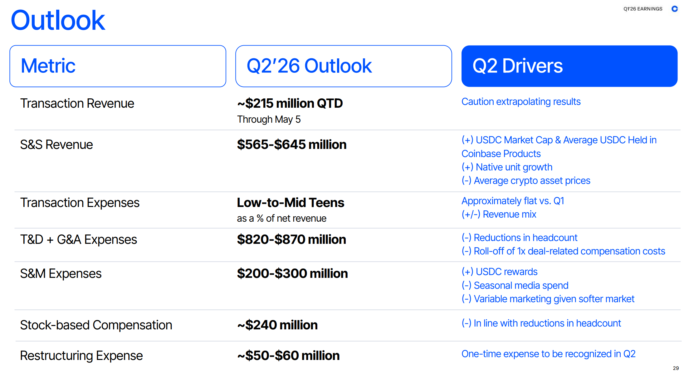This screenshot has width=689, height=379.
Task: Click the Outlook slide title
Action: pos(58,21)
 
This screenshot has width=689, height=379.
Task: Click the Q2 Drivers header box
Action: pos(569,66)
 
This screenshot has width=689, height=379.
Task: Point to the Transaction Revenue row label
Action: pos(77,103)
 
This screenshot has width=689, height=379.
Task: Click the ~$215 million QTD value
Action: pos(290,103)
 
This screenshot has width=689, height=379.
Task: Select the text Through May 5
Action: pos(269,119)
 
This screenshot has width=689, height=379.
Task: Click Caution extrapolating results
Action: pos(521,102)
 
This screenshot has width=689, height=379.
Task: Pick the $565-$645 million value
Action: pos(292,145)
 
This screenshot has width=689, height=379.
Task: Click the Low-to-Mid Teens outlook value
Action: pos(291,203)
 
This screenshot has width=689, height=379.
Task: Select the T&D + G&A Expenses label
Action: pos(78,239)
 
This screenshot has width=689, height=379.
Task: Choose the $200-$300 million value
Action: pos(292,273)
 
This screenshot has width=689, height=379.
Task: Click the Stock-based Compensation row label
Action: pos(96,325)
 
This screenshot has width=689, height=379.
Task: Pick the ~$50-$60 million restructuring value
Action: pos(288,356)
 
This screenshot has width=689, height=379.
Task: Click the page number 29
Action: pos(676,368)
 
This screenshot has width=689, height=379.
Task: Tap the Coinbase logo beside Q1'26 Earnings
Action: pos(675,9)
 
